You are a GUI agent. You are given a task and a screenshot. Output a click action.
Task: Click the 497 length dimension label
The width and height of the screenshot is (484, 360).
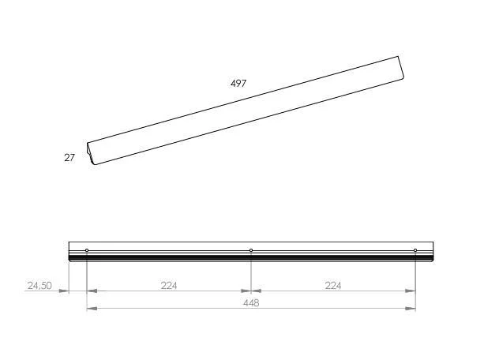(x=238, y=84)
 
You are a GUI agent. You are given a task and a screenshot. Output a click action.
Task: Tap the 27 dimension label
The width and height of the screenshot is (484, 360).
(x=69, y=158)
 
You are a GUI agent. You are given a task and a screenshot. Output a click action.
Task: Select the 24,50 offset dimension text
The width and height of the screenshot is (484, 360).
(x=39, y=286)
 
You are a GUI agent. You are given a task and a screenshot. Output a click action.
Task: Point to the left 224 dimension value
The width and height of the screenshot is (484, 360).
(x=169, y=286)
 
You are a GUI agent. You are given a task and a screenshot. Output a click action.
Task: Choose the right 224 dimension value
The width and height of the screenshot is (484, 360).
(x=333, y=286)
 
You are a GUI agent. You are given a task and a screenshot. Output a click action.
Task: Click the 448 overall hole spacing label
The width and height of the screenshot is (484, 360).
(x=251, y=303)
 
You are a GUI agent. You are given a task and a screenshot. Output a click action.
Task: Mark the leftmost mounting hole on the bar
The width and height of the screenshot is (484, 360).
(x=87, y=250)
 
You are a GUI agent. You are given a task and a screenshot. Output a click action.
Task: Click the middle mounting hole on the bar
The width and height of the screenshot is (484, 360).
(x=251, y=250)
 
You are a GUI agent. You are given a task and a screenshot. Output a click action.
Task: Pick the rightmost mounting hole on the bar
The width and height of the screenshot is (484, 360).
(x=415, y=250)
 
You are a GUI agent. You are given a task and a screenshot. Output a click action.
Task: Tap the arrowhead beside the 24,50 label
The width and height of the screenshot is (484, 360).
(x=64, y=291)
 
